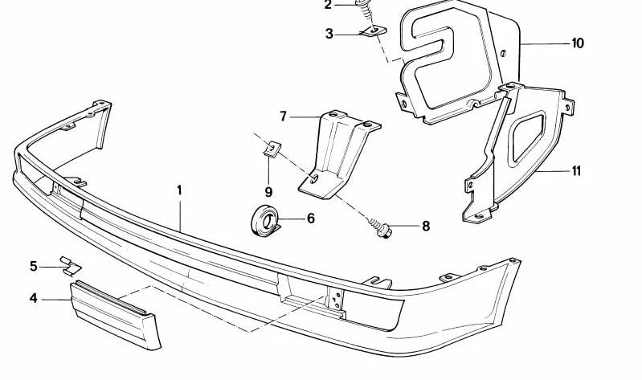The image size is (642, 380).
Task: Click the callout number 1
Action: tap(179, 190)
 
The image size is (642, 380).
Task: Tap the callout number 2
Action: tap(328, 6)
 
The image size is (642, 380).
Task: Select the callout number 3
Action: tap(329, 34)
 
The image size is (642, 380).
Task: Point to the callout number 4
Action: tap(34, 299)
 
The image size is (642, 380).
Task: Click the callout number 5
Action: tap(34, 267)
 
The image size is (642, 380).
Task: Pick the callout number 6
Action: tap(311, 219)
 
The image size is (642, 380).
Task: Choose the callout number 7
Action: tap(284, 116)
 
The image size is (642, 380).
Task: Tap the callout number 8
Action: tap(426, 226)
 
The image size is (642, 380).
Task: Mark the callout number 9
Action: tap(268, 191)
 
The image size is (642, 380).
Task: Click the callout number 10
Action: tap(578, 43)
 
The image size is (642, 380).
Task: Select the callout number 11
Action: tap(576, 171)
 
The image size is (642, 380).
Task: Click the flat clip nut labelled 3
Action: tap(374, 31)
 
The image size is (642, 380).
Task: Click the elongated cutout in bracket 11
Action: tap(527, 137)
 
